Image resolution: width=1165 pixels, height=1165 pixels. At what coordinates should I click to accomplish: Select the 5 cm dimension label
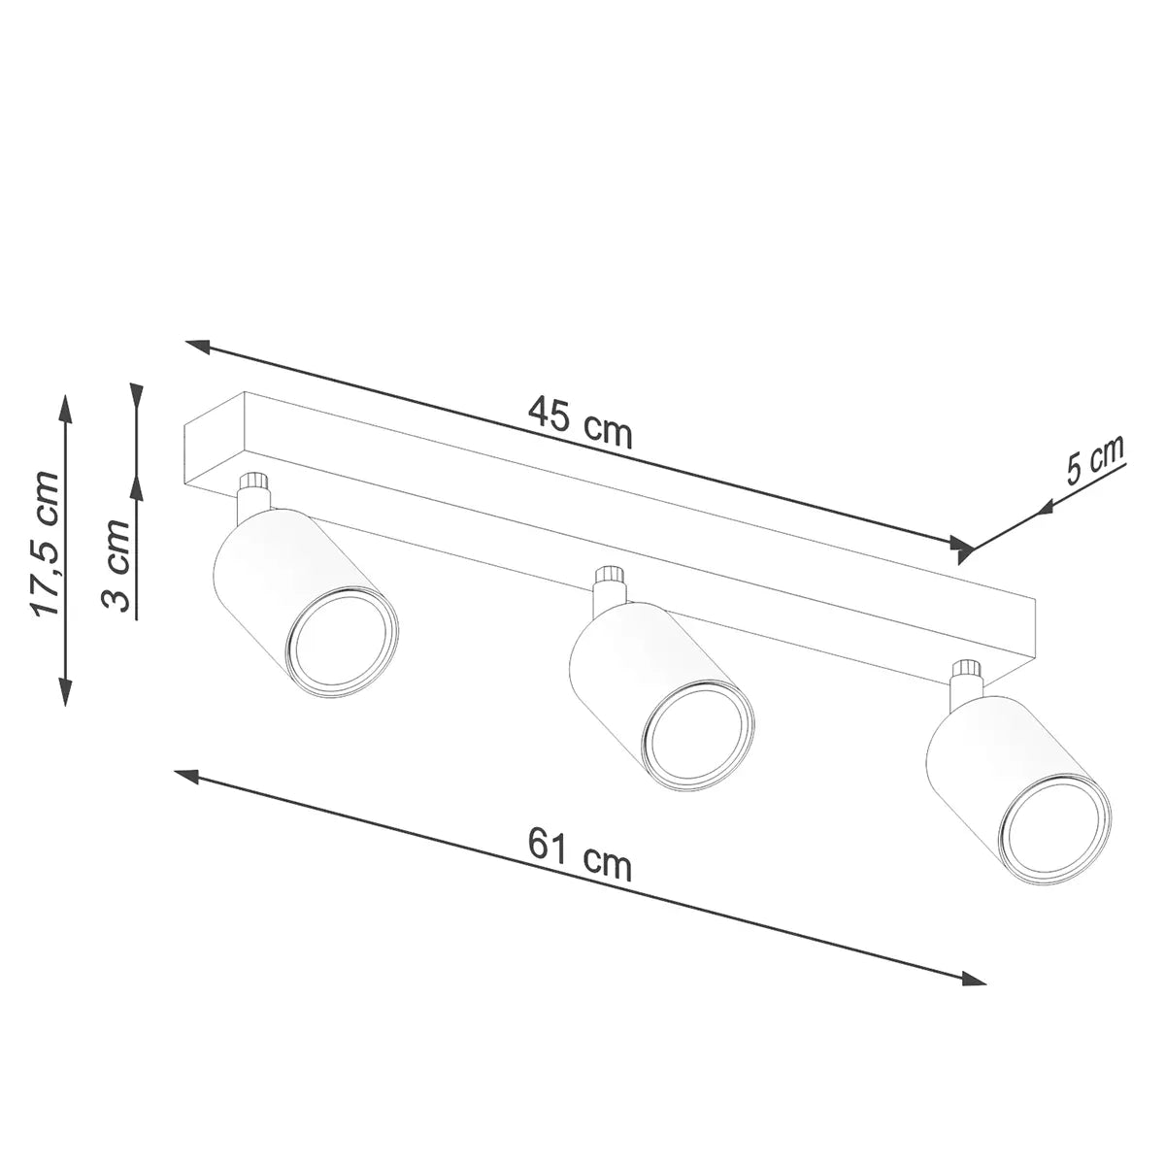click(1094, 462)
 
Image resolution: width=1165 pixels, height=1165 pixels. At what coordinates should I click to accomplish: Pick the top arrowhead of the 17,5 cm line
click(65, 407)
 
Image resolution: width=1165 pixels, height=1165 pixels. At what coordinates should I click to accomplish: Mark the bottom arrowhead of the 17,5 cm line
click(65, 692)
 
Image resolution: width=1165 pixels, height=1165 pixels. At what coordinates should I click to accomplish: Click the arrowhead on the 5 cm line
click(1047, 506)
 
